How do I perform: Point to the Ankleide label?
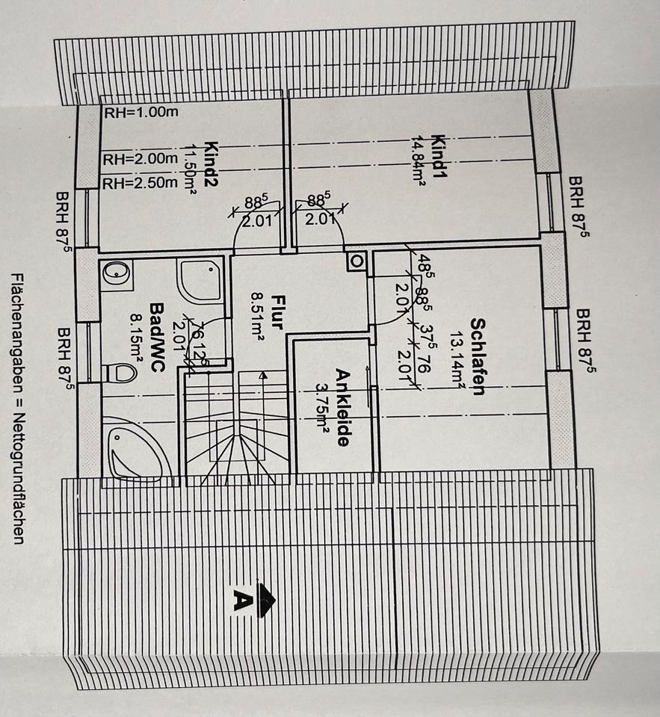pyautogui.click(x=342, y=407)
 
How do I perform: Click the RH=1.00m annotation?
pyautogui.click(x=141, y=114)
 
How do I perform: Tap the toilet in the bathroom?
pyautogui.click(x=123, y=368)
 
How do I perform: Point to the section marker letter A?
pyautogui.click(x=241, y=600)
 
